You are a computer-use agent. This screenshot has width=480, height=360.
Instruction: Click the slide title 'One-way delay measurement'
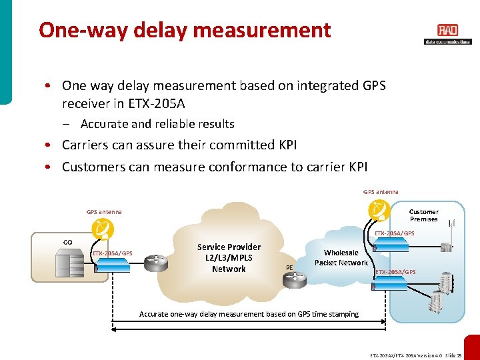coord(185,30)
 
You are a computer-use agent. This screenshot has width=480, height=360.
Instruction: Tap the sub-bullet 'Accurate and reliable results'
coord(157,123)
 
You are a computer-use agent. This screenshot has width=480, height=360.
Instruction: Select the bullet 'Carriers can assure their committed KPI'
coord(179,145)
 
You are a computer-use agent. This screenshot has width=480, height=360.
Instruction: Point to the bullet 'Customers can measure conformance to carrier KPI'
coord(215,167)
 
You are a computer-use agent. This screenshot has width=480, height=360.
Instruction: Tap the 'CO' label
coord(67,241)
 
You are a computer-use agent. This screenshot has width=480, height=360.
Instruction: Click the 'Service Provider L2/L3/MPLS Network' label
coord(229,257)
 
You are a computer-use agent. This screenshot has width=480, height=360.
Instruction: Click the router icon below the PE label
coord(294,280)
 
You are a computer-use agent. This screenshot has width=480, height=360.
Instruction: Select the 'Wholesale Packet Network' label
coord(341,257)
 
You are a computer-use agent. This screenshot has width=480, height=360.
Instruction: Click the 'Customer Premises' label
coord(423,215)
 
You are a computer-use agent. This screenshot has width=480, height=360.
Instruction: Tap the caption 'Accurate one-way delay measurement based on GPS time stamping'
coord(249,314)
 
